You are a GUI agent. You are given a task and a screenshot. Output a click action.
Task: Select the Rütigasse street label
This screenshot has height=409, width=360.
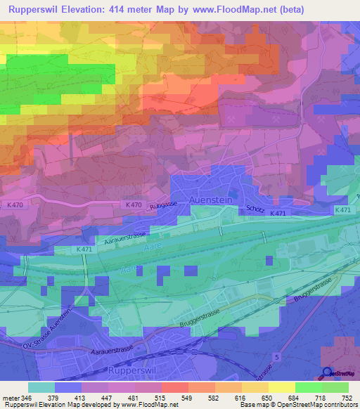[x=161, y=207]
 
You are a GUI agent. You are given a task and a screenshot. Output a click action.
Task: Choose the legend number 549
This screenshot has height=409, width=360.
[x=186, y=398]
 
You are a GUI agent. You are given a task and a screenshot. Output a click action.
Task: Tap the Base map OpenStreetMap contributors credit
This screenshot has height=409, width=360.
[x=299, y=405]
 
